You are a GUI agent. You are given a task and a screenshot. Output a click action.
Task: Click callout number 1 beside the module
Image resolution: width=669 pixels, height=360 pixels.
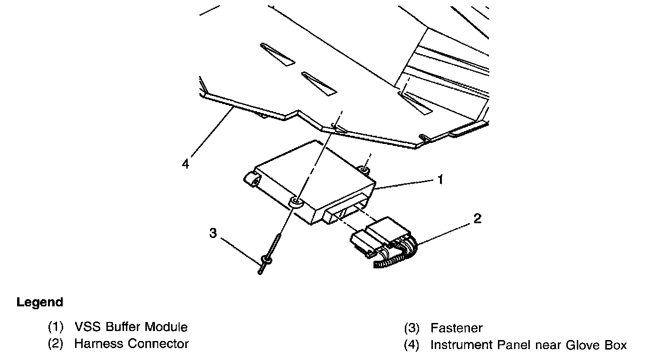(440, 180)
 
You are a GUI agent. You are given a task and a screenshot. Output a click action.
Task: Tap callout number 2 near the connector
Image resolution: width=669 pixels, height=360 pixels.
(477, 218)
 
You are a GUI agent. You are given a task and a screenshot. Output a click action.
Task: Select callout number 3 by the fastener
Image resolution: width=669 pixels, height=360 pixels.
(213, 233)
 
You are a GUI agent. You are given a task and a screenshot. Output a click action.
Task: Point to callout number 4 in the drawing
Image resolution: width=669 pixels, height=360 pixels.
(185, 164)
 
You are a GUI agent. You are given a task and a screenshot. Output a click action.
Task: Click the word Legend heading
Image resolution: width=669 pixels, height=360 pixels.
(40, 303)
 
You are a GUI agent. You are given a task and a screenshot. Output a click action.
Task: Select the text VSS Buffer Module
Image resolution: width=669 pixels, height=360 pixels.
(131, 327)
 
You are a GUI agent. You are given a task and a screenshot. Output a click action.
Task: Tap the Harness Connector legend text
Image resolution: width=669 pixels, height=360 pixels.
(131, 344)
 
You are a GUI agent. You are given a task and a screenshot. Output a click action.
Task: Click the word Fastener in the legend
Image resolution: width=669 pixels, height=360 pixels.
(456, 328)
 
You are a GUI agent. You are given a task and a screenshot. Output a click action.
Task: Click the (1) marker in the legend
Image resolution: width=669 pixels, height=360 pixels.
(56, 327)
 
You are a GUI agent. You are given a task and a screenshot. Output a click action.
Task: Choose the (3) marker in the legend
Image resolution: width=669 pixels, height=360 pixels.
(411, 328)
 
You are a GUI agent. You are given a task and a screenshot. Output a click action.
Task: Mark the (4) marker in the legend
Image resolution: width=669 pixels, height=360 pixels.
(411, 345)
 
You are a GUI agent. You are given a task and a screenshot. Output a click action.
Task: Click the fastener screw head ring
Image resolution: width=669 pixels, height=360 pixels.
(267, 260)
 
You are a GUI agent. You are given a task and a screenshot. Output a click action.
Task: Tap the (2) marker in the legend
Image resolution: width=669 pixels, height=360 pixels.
(56, 344)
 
